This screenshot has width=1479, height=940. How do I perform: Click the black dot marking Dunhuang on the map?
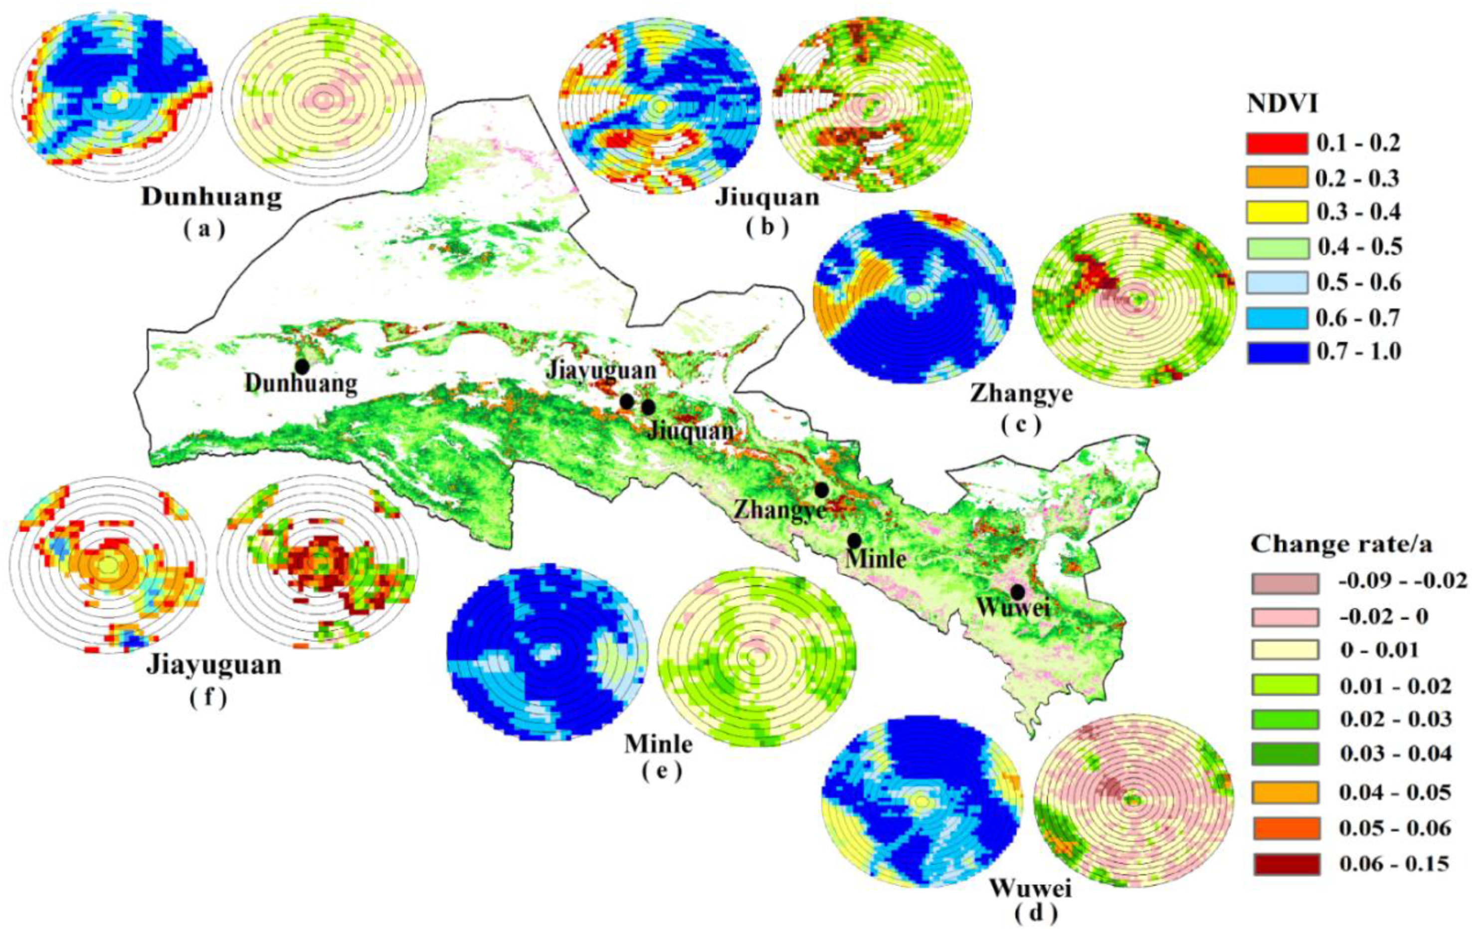(x=302, y=366)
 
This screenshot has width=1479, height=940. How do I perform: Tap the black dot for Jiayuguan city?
(x=626, y=402)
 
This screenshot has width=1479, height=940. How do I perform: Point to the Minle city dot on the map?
(x=854, y=540)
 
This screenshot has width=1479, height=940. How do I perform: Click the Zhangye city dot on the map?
(x=822, y=489)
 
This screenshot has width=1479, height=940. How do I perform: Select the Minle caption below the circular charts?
(x=658, y=744)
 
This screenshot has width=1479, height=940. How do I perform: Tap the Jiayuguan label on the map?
(x=601, y=371)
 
